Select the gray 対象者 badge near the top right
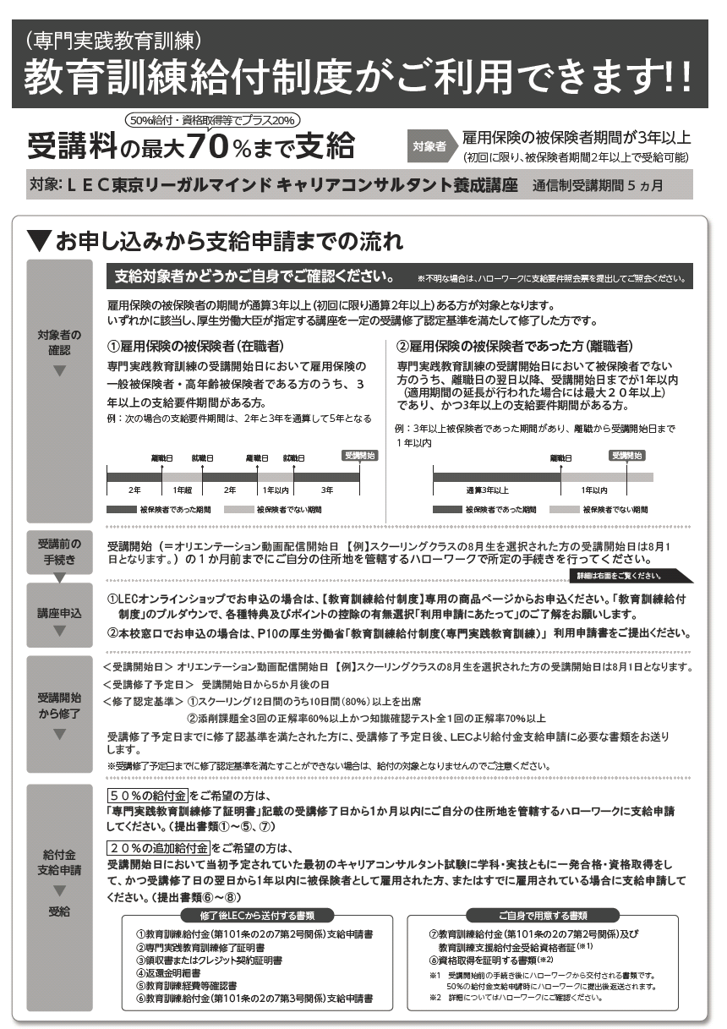tap(429, 146)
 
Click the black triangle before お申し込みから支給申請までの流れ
tap(38, 241)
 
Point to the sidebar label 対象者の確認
tap(59, 342)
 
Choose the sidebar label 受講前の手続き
tap(59, 550)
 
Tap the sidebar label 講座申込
tap(59, 611)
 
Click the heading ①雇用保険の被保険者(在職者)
tap(195, 347)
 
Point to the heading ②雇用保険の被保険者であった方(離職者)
tap(515, 347)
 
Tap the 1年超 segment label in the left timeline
tap(183, 490)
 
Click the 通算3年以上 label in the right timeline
tap(487, 490)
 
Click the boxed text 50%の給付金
tap(147, 796)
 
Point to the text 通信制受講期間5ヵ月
tap(598, 184)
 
